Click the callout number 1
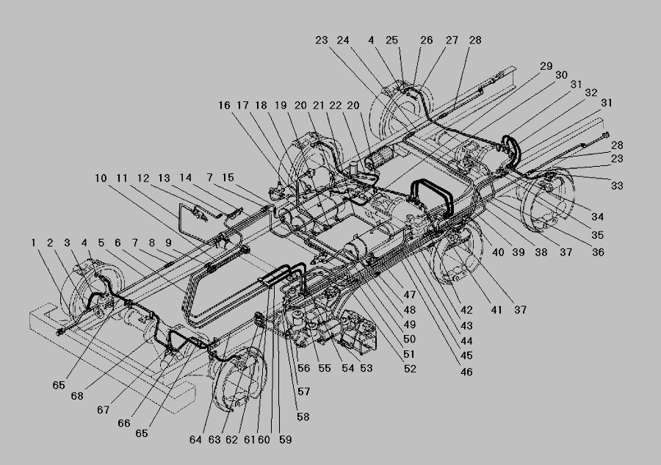coord(33,243)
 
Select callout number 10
coord(101,178)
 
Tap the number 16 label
coord(224,105)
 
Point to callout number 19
coord(281,105)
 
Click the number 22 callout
coord(335,105)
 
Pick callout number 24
coord(343,40)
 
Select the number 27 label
coord(452,40)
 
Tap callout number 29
coord(546,66)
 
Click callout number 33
coord(617,186)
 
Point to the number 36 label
coord(598,252)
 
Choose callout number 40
coord(498,252)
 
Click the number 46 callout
coord(466,372)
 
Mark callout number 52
coord(410,369)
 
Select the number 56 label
coord(303,368)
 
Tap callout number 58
coord(303,417)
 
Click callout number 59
coord(286,440)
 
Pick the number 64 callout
coord(195,440)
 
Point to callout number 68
coord(76,396)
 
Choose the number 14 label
coord(186,178)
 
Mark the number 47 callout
coord(409,295)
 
